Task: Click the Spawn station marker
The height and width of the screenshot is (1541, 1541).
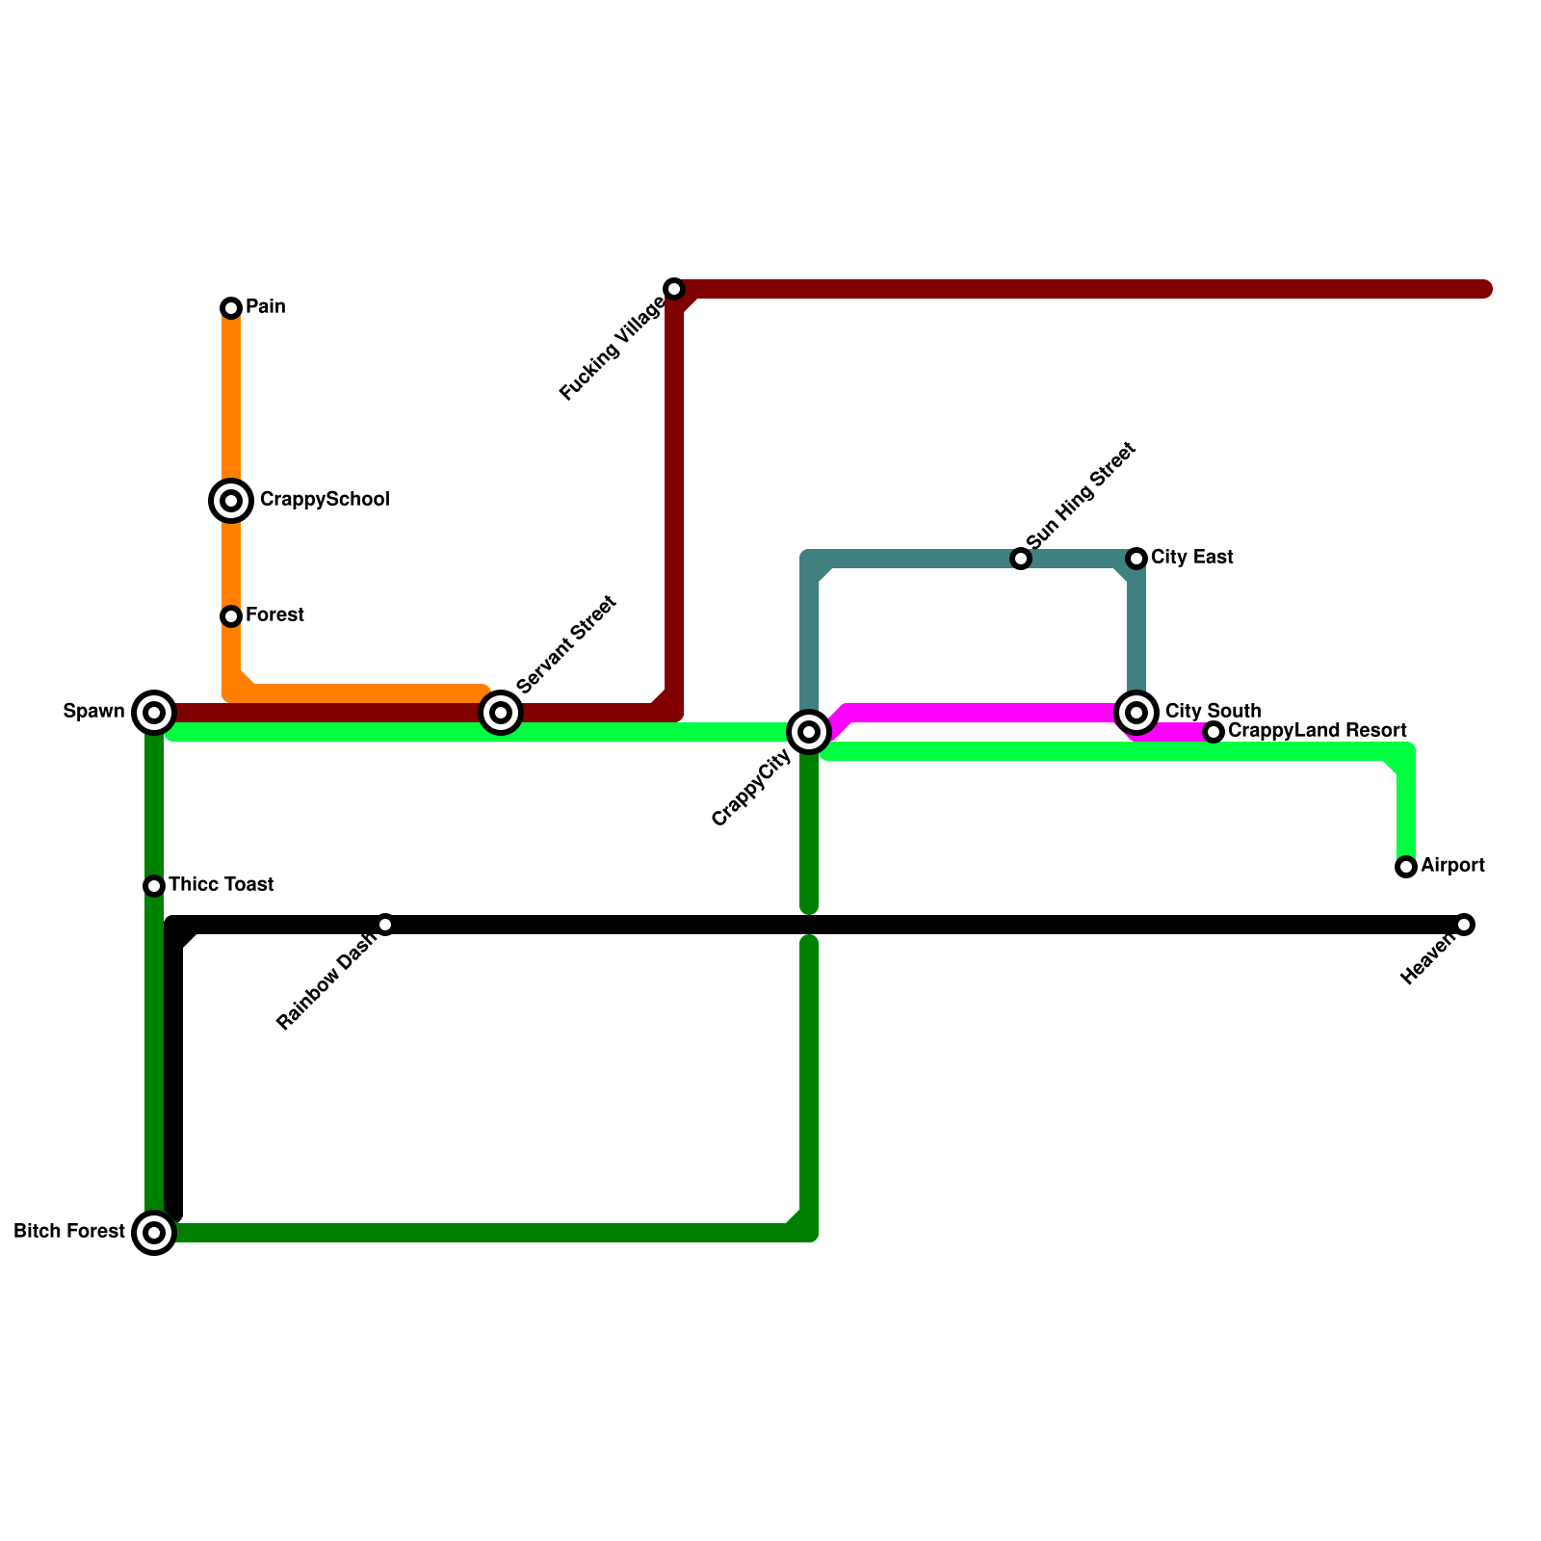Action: (x=154, y=713)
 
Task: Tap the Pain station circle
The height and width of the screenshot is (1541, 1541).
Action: (x=231, y=308)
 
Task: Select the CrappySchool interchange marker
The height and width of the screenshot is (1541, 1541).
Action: (x=231, y=501)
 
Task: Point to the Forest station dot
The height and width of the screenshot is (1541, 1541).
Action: (x=231, y=616)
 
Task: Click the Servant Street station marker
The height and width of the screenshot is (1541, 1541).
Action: (x=501, y=713)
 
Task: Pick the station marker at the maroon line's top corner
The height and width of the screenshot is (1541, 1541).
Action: (x=674, y=289)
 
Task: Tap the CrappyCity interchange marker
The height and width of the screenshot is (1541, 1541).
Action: (x=809, y=732)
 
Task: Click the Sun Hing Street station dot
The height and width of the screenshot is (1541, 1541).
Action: (x=1021, y=559)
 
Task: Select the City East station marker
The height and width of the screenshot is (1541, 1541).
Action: (x=1136, y=559)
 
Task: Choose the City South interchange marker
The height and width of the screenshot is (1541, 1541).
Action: (x=1136, y=713)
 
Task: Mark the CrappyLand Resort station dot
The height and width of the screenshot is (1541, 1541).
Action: (x=1214, y=732)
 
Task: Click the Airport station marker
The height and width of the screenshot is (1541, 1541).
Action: (x=1406, y=867)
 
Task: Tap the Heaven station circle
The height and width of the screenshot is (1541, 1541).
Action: (x=1464, y=925)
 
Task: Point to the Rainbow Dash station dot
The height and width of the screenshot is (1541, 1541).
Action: (x=385, y=925)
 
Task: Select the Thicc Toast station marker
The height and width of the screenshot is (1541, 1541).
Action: (x=154, y=886)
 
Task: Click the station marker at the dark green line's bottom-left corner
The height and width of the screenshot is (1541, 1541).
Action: (x=154, y=1233)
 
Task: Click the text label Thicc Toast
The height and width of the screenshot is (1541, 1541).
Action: (x=222, y=884)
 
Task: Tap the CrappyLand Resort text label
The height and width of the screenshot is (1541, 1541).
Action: (x=1317, y=730)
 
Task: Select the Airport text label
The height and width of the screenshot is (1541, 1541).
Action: (x=1452, y=865)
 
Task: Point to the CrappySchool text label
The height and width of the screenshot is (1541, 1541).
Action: (x=325, y=499)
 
